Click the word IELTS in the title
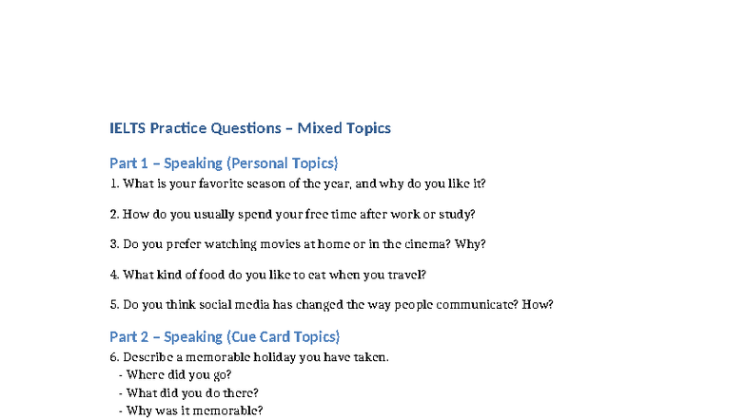pyautogui.click(x=128, y=128)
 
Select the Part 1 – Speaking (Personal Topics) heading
pyautogui.click(x=224, y=163)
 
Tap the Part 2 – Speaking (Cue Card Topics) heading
pyautogui.click(x=225, y=336)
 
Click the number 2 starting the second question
pyautogui.click(x=113, y=214)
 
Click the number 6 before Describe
pyautogui.click(x=113, y=357)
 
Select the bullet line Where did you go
pyautogui.click(x=179, y=374)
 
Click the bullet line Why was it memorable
pyautogui.click(x=194, y=410)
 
